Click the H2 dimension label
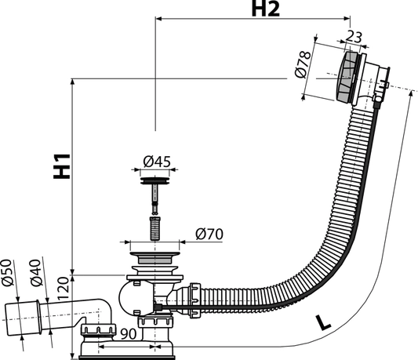pyautogui.click(x=266, y=9)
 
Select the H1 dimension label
pyautogui.click(x=62, y=166)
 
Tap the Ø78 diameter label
pyautogui.click(x=303, y=64)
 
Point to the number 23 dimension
pyautogui.click(x=354, y=37)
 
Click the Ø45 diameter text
pyautogui.click(x=157, y=162)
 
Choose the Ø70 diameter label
pyautogui.click(x=209, y=235)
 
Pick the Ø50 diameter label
pyautogui.click(x=7, y=272)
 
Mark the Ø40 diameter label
pyautogui.click(x=36, y=272)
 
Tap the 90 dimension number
pyautogui.click(x=129, y=334)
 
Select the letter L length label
pyautogui.click(x=323, y=322)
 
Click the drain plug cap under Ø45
pyautogui.click(x=154, y=180)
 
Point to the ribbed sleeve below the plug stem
pyautogui.click(x=154, y=228)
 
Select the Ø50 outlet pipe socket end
pyautogui.click(x=23, y=318)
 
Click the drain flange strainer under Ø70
pyautogui.click(x=154, y=257)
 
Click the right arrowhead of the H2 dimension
pyautogui.click(x=347, y=18)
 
